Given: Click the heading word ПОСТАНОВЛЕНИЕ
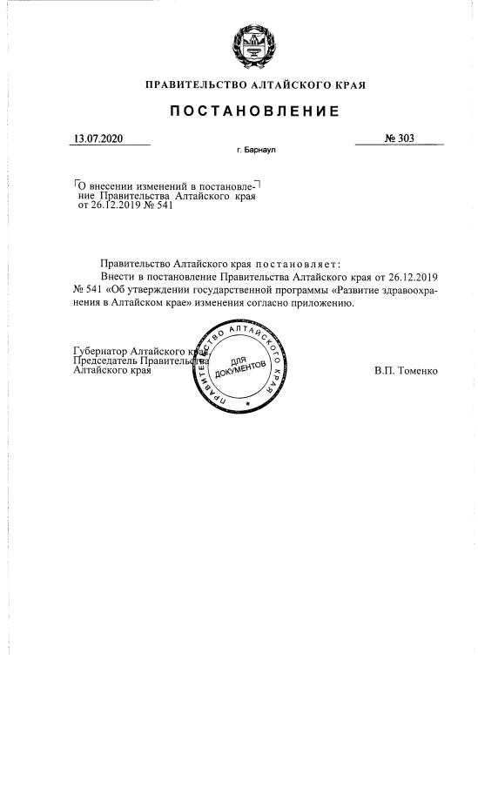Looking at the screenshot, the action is (254, 112).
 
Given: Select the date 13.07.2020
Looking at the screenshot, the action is (99, 138).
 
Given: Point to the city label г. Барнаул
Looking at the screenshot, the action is (255, 151).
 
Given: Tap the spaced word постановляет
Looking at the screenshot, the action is (297, 262).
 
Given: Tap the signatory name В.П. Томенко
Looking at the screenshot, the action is (406, 371).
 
